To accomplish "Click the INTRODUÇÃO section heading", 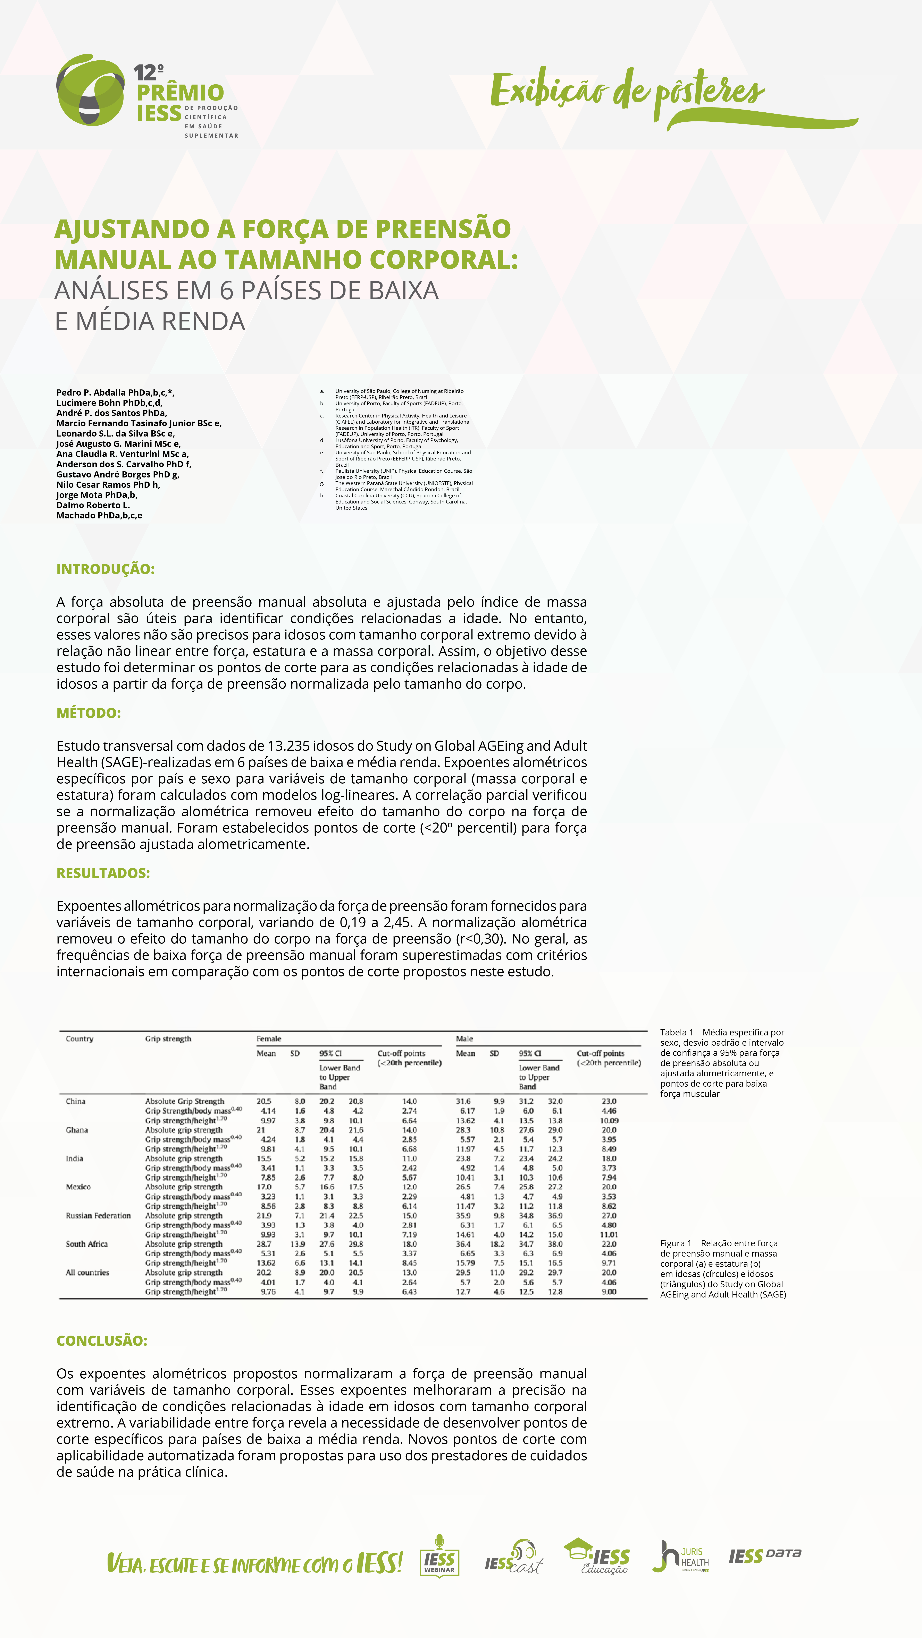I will (106, 569).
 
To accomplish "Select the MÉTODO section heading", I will (89, 713).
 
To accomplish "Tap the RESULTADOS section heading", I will (103, 873).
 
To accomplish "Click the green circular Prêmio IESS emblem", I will (90, 90).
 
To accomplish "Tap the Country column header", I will (79, 1039).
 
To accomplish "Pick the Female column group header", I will (269, 1039).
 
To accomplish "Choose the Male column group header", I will (464, 1039).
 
